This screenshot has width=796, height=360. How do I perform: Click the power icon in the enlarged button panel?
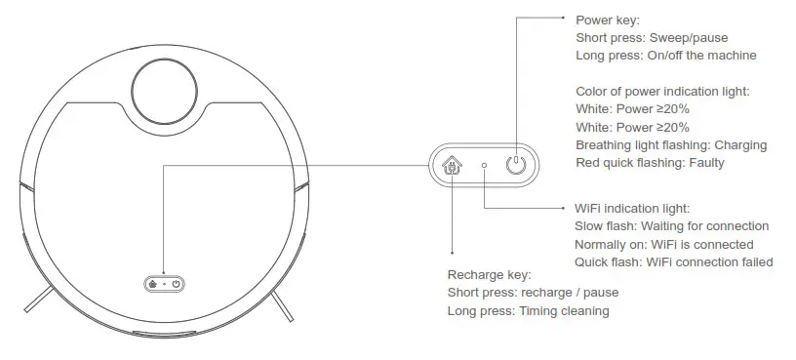point(516,165)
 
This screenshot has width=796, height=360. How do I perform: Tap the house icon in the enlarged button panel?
point(452,165)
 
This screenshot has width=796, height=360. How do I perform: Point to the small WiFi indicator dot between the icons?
point(485,165)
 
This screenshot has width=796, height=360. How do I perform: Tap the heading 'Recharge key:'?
point(489,274)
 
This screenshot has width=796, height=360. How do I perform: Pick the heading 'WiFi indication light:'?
point(632,208)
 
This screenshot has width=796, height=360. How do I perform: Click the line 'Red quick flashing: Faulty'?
point(650,163)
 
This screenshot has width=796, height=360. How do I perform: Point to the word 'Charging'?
point(740,145)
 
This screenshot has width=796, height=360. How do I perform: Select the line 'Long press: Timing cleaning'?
point(528,311)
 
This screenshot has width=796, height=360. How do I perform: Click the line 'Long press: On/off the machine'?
point(665,56)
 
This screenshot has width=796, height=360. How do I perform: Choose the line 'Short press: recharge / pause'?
point(533,293)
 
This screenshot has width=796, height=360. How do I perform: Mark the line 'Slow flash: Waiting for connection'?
point(671,226)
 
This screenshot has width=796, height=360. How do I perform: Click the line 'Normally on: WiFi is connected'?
point(663,244)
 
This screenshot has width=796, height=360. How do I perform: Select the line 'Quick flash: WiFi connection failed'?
point(673,261)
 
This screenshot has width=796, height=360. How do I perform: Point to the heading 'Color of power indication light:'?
point(662,91)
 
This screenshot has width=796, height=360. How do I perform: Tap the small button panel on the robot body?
point(164,284)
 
